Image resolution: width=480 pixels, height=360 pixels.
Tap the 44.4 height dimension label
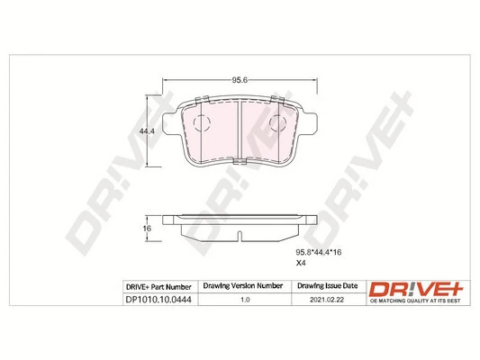point(143,131)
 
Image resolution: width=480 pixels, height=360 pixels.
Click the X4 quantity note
point(302,265)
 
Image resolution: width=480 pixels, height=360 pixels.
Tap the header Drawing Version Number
point(242,286)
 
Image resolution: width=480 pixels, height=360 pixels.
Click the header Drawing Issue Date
point(327,286)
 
